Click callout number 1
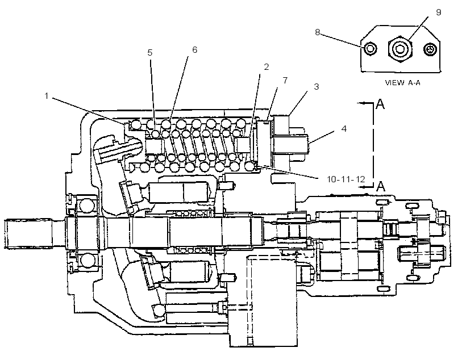point(47,96)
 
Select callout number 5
point(150,53)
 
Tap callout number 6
point(195,49)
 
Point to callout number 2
point(267,67)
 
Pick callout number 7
point(285,80)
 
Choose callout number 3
point(316,86)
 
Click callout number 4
point(344,129)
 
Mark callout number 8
point(318,32)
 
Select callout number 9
point(438,12)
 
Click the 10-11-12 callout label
point(346,179)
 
